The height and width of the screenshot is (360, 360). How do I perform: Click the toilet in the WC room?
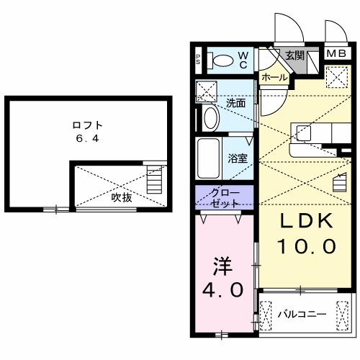220,60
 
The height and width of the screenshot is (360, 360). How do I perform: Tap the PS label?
198,60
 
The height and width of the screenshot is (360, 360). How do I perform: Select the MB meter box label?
337,53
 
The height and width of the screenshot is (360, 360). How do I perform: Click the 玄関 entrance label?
294,55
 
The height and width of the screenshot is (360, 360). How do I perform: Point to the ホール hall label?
274,77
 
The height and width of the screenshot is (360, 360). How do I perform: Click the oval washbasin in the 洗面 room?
211,118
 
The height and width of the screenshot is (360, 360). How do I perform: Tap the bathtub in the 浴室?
208,158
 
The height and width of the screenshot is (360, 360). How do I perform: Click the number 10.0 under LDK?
307,246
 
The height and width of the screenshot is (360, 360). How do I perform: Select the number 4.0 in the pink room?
222,289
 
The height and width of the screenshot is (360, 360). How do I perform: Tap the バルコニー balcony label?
302,314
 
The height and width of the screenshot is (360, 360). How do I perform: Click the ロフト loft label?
88,125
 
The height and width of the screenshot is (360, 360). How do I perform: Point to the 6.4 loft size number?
88,138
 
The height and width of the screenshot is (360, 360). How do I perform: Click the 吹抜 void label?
122,198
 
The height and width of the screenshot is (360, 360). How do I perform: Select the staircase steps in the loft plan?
154,179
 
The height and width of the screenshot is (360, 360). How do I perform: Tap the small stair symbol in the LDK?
340,182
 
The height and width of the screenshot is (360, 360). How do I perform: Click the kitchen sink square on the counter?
304,133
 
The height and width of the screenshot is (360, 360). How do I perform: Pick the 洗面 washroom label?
236,104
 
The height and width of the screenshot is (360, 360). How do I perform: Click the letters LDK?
307,221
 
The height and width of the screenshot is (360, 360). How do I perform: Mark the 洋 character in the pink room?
223,266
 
